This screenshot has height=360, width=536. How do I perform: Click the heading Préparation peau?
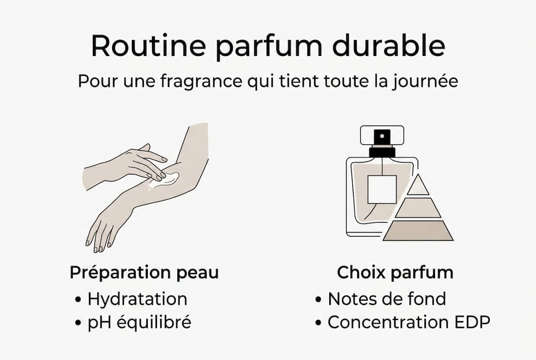coord(144,273)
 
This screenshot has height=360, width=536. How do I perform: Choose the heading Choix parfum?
coord(395,273)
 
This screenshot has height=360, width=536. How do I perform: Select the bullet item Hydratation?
coord(137,299)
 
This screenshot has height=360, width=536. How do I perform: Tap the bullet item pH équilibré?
coord(139,322)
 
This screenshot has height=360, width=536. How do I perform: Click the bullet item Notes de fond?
coord(386,299)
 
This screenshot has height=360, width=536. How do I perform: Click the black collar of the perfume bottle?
coord(382,151)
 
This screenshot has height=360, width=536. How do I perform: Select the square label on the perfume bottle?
coord(382,189)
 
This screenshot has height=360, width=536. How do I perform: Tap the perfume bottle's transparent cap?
coord(382,134)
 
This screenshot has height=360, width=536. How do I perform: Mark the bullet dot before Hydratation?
coord(77,299)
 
